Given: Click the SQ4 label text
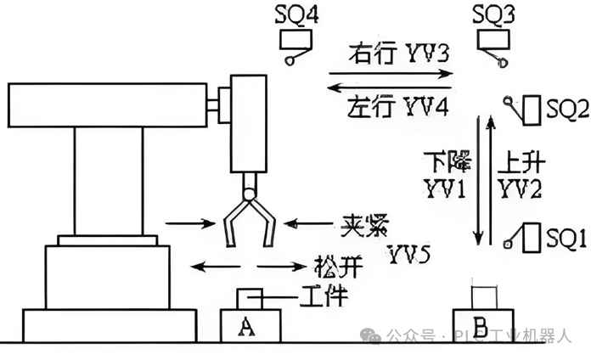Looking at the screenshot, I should (297, 14).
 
